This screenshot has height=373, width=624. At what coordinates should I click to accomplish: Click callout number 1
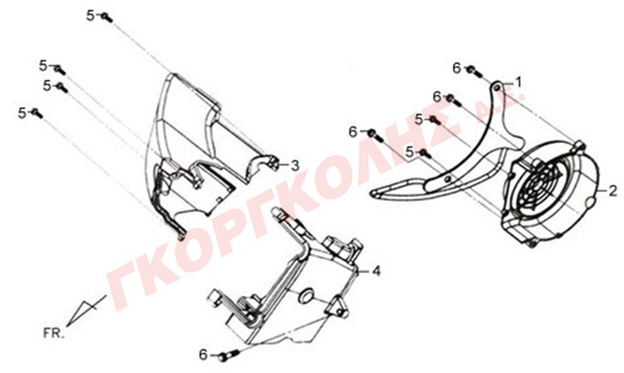[x=518, y=82]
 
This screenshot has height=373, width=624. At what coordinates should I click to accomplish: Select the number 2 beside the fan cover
[x=612, y=192]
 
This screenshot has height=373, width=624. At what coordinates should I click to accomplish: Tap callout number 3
[x=295, y=165]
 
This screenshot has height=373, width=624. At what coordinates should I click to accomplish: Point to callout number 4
[x=376, y=271]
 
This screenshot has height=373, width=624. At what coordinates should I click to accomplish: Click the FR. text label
[x=53, y=334]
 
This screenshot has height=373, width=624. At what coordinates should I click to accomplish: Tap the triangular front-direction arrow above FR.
[x=86, y=311]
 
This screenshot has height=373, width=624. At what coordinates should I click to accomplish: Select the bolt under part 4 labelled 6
[x=229, y=355]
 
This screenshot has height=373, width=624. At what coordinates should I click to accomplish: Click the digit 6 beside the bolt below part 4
[x=203, y=354]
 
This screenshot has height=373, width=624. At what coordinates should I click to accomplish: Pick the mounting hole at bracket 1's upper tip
[x=497, y=86]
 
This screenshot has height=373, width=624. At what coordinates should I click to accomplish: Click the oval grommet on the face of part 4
[x=307, y=296]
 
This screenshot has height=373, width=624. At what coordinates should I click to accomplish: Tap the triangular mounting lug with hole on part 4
[x=337, y=306]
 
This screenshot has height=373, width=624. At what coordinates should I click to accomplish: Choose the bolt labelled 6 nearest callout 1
[x=473, y=71]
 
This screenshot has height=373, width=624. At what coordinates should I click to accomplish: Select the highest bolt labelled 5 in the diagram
[x=106, y=17]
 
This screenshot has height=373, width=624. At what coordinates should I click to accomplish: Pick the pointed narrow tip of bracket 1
[x=373, y=192]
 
